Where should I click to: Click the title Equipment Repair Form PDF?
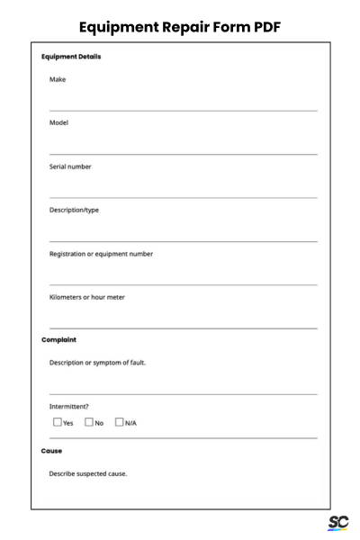click(x=180, y=27)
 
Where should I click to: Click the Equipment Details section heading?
click(x=71, y=58)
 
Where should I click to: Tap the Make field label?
click(x=58, y=79)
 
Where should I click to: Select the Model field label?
click(x=59, y=122)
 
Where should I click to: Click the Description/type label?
click(x=75, y=210)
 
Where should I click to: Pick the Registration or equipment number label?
click(x=101, y=254)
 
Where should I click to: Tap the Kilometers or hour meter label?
click(x=87, y=297)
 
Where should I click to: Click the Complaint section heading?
click(x=59, y=340)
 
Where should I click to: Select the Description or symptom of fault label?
click(x=97, y=363)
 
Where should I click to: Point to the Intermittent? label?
click(x=68, y=406)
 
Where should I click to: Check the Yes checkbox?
click(x=58, y=422)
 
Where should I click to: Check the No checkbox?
click(x=89, y=422)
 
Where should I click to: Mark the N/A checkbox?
click(x=120, y=422)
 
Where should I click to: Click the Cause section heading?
click(x=53, y=451)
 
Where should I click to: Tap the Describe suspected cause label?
click(x=88, y=473)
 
